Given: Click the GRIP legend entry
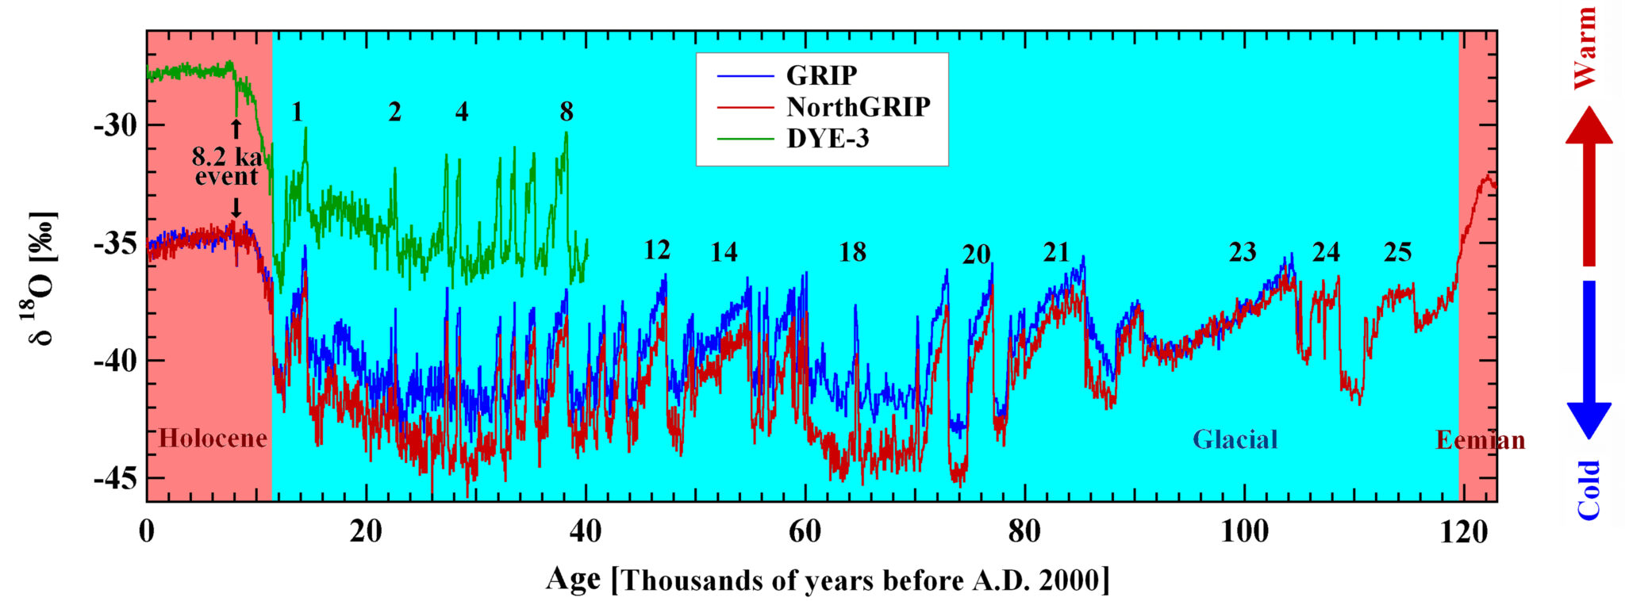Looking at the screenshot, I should [821, 75].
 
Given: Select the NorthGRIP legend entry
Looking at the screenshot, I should [858, 107].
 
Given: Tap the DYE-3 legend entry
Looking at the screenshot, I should [828, 139].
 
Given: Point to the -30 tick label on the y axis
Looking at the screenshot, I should [114, 124].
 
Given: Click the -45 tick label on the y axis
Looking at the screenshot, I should [114, 479].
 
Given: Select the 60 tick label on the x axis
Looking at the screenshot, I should [805, 531].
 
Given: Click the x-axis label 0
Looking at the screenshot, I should [147, 531].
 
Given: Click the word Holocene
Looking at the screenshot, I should [213, 438].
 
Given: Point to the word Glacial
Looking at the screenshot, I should [1235, 439].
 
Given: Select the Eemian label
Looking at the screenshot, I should [1480, 440].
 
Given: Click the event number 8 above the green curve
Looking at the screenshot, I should [566, 112].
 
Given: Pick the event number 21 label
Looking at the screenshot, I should [1056, 252].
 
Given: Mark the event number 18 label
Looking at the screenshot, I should [852, 252].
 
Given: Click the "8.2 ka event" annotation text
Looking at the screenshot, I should [226, 167].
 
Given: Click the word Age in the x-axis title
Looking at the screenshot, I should [573, 580].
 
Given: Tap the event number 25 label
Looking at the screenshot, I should [1397, 252].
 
